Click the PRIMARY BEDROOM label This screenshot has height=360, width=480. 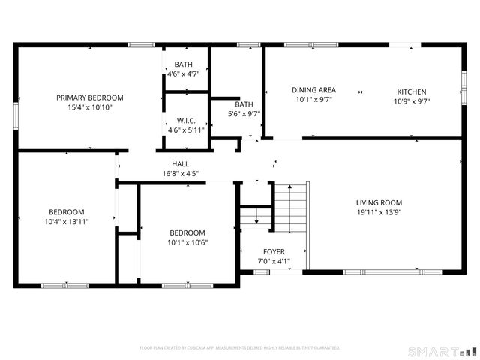tap(90, 97)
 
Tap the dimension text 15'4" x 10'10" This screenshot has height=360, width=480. tap(90, 107)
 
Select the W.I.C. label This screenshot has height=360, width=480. tap(186, 120)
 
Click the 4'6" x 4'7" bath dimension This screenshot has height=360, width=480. tap(183, 74)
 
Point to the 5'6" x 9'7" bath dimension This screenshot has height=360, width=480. tap(244, 114)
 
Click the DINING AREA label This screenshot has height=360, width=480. tap(313, 90)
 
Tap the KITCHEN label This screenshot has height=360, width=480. tap(411, 91)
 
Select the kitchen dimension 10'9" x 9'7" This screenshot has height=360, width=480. tap(411, 100)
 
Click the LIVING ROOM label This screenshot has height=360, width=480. tap(379, 202)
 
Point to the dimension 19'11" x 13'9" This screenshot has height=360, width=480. tap(379, 212)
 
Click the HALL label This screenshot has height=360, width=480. tap(180, 163)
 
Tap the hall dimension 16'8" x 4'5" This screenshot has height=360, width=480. tap(180, 173)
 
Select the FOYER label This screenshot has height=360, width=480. tap(273, 252)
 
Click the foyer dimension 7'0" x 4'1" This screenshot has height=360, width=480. tap(273, 262)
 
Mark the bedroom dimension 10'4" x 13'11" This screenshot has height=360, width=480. tap(67, 221)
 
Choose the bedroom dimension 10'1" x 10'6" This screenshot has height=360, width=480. tap(187, 242)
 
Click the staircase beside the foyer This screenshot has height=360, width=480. tap(290, 210)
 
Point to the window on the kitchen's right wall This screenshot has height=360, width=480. tap(463, 79)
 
